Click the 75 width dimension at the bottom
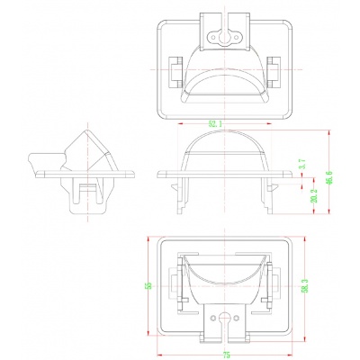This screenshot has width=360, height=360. [x=226, y=354]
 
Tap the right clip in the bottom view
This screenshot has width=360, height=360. [x=270, y=291]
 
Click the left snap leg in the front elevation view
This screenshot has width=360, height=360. [x=187, y=198]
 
